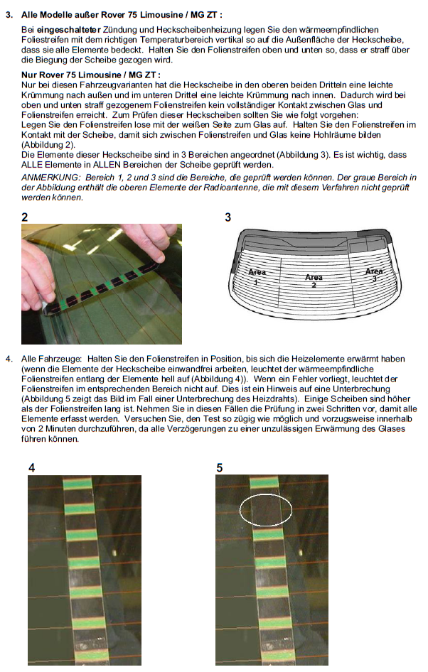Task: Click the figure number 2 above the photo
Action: pyautogui.click(x=25, y=217)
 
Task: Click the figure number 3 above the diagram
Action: pyautogui.click(x=228, y=217)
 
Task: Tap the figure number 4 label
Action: pyautogui.click(x=31, y=467)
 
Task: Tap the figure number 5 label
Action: pyautogui.click(x=219, y=467)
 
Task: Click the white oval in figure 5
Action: pyautogui.click(x=266, y=510)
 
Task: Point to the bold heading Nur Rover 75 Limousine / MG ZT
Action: pyautogui.click(x=91, y=75)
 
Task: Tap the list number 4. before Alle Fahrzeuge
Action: pyautogui.click(x=9, y=358)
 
